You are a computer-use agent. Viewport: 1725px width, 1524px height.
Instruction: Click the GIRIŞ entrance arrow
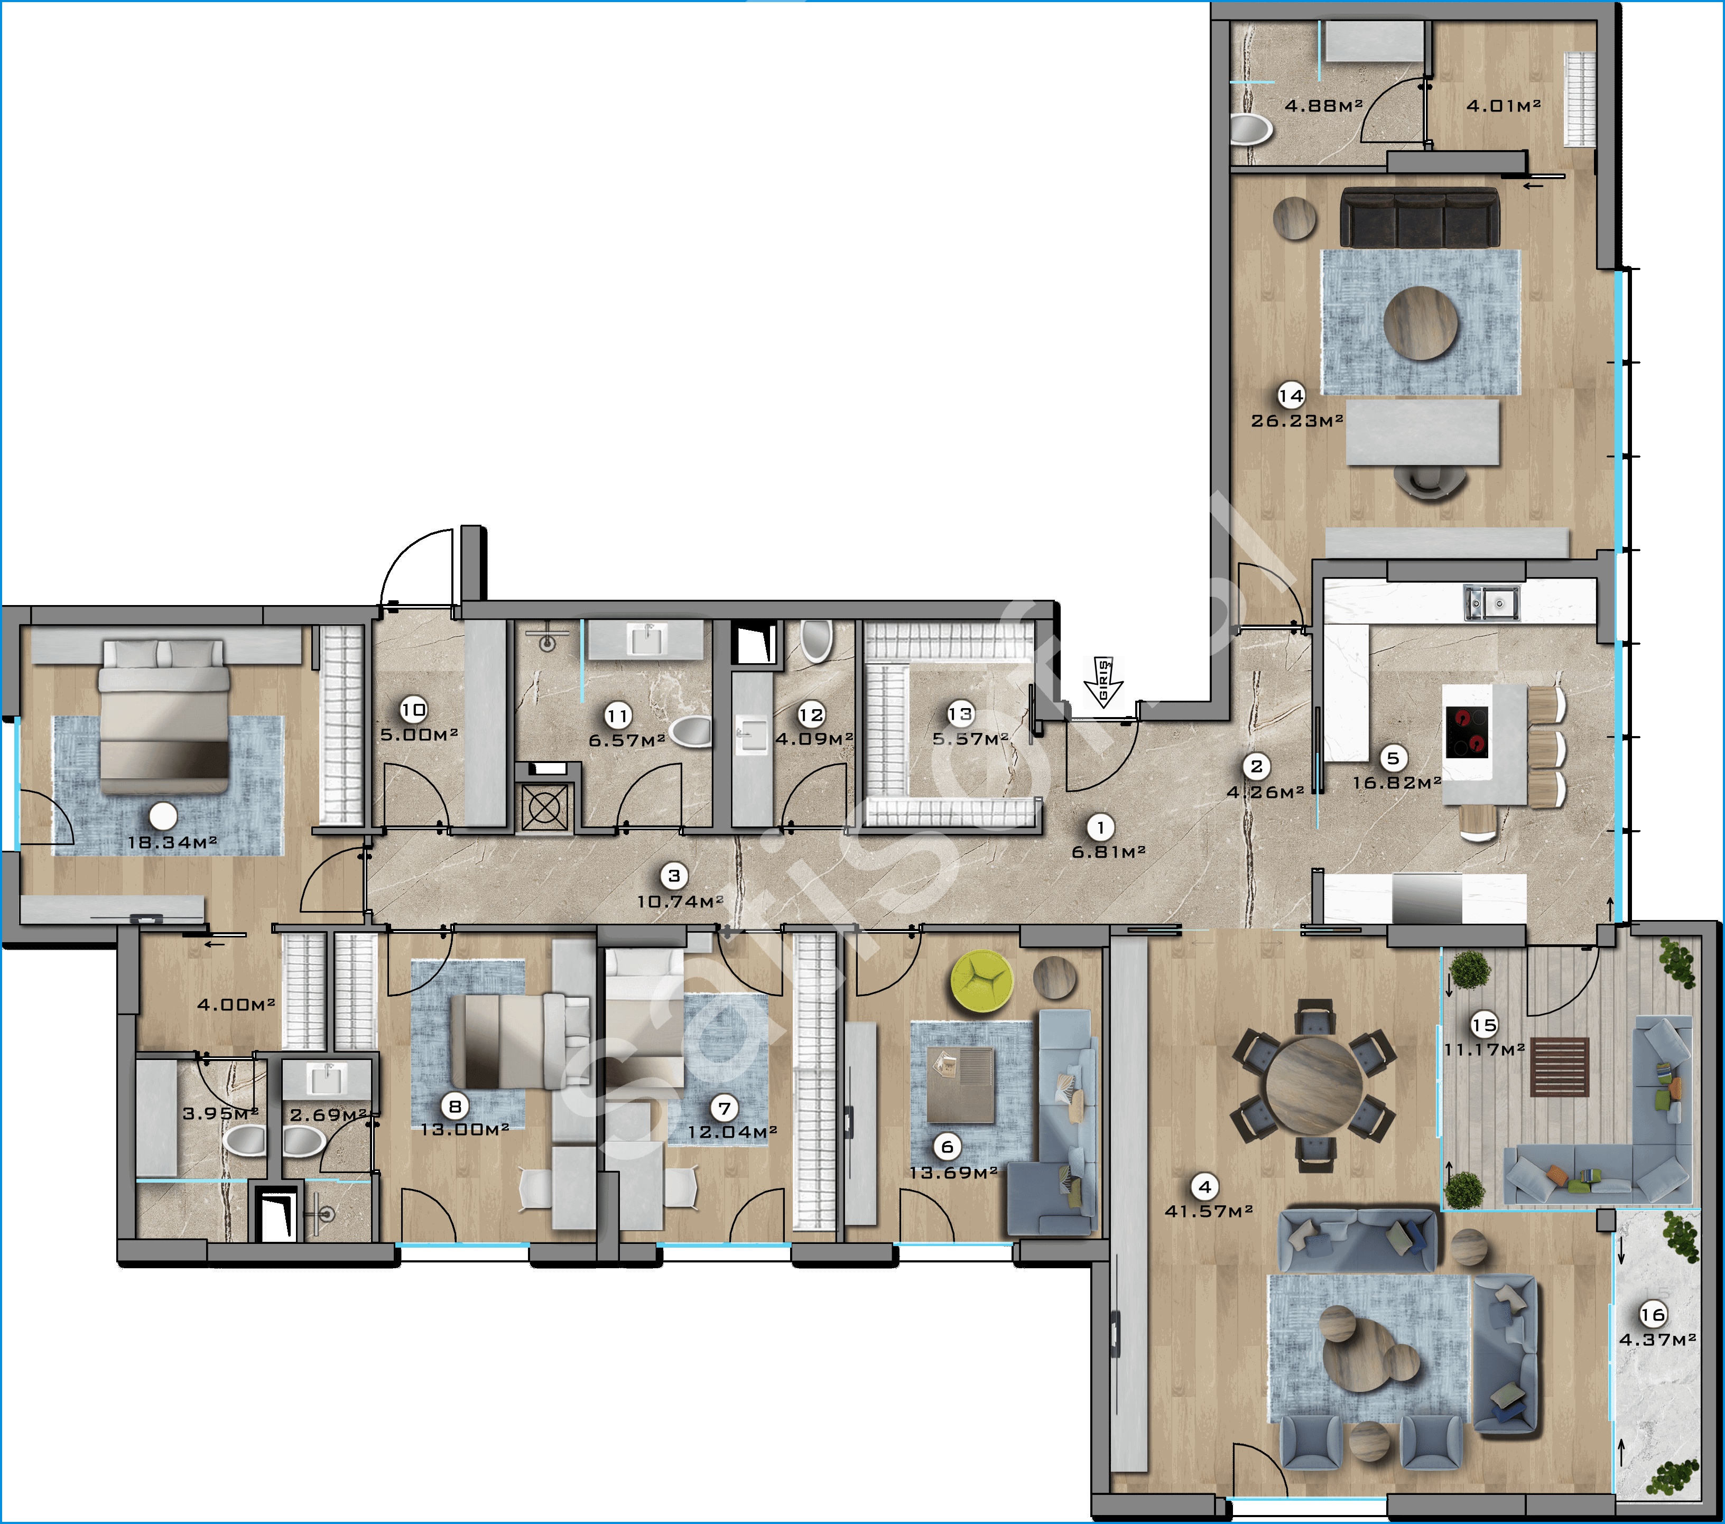1103,682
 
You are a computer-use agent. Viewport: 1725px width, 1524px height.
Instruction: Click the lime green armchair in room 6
982,979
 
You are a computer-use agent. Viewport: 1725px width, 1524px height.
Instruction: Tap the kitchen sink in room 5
1492,602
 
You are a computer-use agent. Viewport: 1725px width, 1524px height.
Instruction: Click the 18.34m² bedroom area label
172,842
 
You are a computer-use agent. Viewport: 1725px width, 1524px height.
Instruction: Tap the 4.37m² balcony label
1657,1339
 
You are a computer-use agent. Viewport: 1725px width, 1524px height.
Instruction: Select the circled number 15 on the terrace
1483,1025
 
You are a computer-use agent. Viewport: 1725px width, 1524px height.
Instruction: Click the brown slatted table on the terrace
1561,1066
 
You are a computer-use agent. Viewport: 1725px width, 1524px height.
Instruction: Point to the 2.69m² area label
328,1115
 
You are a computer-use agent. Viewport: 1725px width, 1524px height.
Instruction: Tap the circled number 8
456,1105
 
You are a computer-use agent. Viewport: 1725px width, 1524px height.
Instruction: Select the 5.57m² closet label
970,738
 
